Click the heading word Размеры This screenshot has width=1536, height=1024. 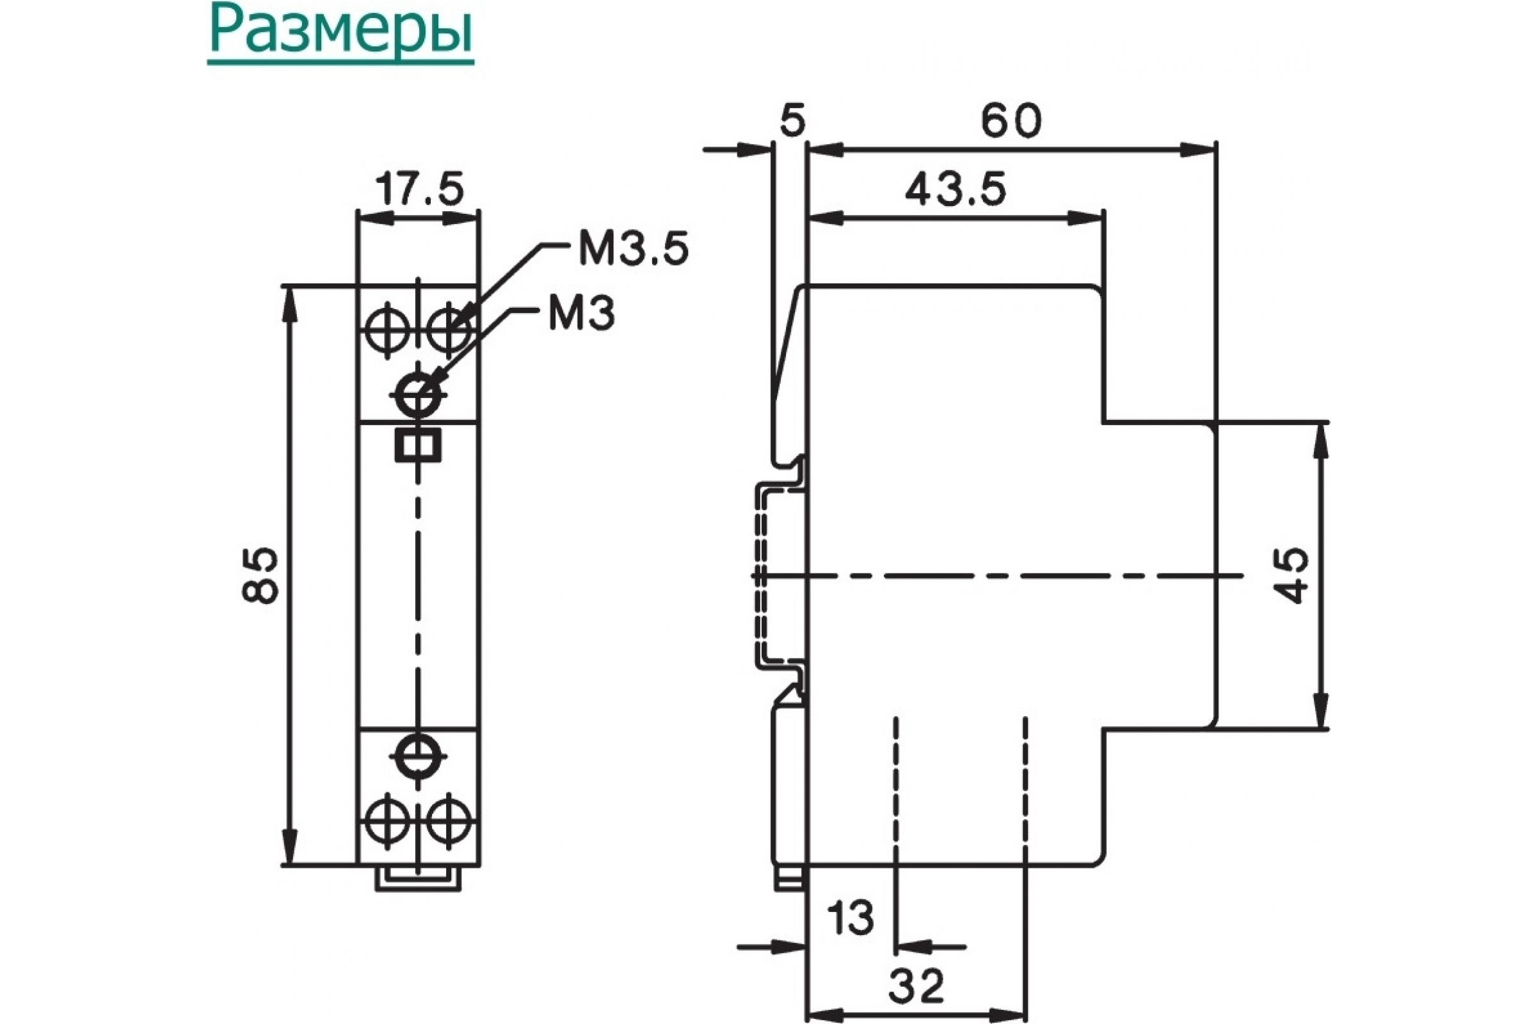pyautogui.click(x=340, y=33)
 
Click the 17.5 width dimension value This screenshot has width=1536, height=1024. pyautogui.click(x=419, y=189)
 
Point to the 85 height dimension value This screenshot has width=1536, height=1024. pyautogui.click(x=260, y=575)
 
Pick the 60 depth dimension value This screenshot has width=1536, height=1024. pyautogui.click(x=1011, y=122)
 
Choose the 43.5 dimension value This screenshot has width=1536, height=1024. pyautogui.click(x=956, y=189)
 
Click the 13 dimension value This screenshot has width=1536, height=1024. pyautogui.click(x=850, y=918)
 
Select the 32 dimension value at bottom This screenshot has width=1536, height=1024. pyautogui.click(x=917, y=986)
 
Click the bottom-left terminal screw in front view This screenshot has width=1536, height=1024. pyautogui.click(x=387, y=820)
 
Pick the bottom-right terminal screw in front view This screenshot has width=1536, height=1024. pyautogui.click(x=449, y=820)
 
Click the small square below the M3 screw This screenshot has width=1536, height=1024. pyautogui.click(x=418, y=446)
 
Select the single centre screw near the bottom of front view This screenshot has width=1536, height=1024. pyautogui.click(x=418, y=757)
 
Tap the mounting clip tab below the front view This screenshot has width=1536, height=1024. pyautogui.click(x=418, y=878)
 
